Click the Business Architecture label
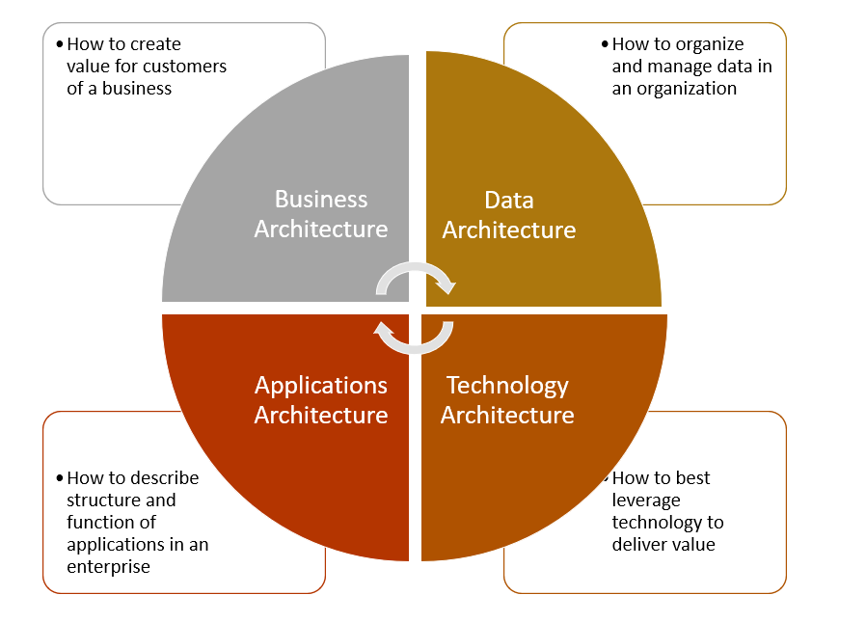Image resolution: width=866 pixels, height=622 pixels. click(321, 214)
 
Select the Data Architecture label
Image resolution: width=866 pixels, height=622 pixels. click(508, 215)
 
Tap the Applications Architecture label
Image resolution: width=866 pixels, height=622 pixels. click(321, 400)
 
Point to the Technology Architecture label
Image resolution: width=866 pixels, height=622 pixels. click(507, 400)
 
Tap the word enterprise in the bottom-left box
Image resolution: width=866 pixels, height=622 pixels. click(108, 567)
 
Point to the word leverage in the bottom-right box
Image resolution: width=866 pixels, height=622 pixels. click(646, 500)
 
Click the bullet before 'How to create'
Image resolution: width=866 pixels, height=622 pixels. click(61, 44)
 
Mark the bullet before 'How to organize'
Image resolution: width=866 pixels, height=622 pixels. click(605, 44)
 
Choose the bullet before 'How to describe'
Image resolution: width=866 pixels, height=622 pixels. click(61, 478)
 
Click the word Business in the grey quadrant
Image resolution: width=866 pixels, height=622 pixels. click(321, 200)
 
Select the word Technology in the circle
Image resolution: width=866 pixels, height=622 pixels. click(507, 386)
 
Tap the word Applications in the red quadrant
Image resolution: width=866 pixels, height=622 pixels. click(321, 386)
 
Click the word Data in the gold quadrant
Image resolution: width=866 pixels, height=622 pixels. click(509, 201)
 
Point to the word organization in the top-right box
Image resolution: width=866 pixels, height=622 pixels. click(681, 89)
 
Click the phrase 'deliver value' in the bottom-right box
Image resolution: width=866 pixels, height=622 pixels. click(663, 545)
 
